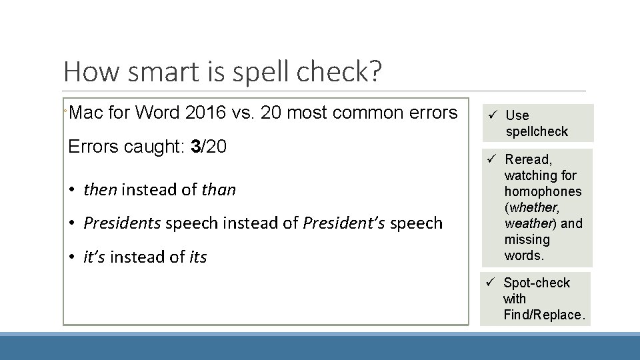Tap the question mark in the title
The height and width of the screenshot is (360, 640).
[x=376, y=71]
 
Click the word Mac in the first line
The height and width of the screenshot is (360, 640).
[x=85, y=113]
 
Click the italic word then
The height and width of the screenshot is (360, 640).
[x=100, y=190]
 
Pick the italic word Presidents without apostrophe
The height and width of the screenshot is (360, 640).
[x=122, y=223]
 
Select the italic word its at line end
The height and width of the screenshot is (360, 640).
[x=198, y=256]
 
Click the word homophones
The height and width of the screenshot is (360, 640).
[x=543, y=191]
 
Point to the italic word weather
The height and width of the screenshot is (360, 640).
[x=529, y=223]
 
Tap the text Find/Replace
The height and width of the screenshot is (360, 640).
[x=544, y=315]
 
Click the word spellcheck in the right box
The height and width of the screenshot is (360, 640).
[x=537, y=131]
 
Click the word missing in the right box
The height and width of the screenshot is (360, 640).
[x=527, y=239]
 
